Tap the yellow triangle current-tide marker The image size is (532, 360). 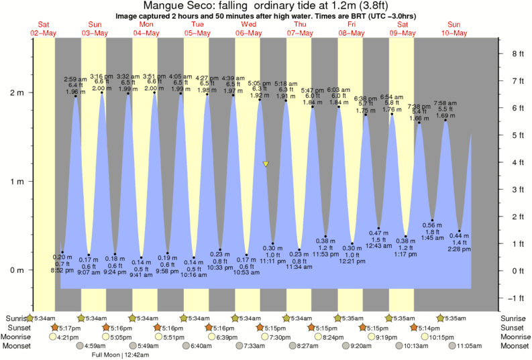pyautogui.click(x=266, y=164)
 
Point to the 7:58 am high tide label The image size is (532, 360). pyautogui.click(x=445, y=103)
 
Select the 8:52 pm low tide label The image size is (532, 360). pyautogui.click(x=62, y=270)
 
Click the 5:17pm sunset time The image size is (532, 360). pyautogui.click(x=68, y=327)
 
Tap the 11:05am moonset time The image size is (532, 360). pyautogui.click(x=470, y=346)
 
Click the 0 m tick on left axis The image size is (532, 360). pyautogui.click(x=17, y=270)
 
